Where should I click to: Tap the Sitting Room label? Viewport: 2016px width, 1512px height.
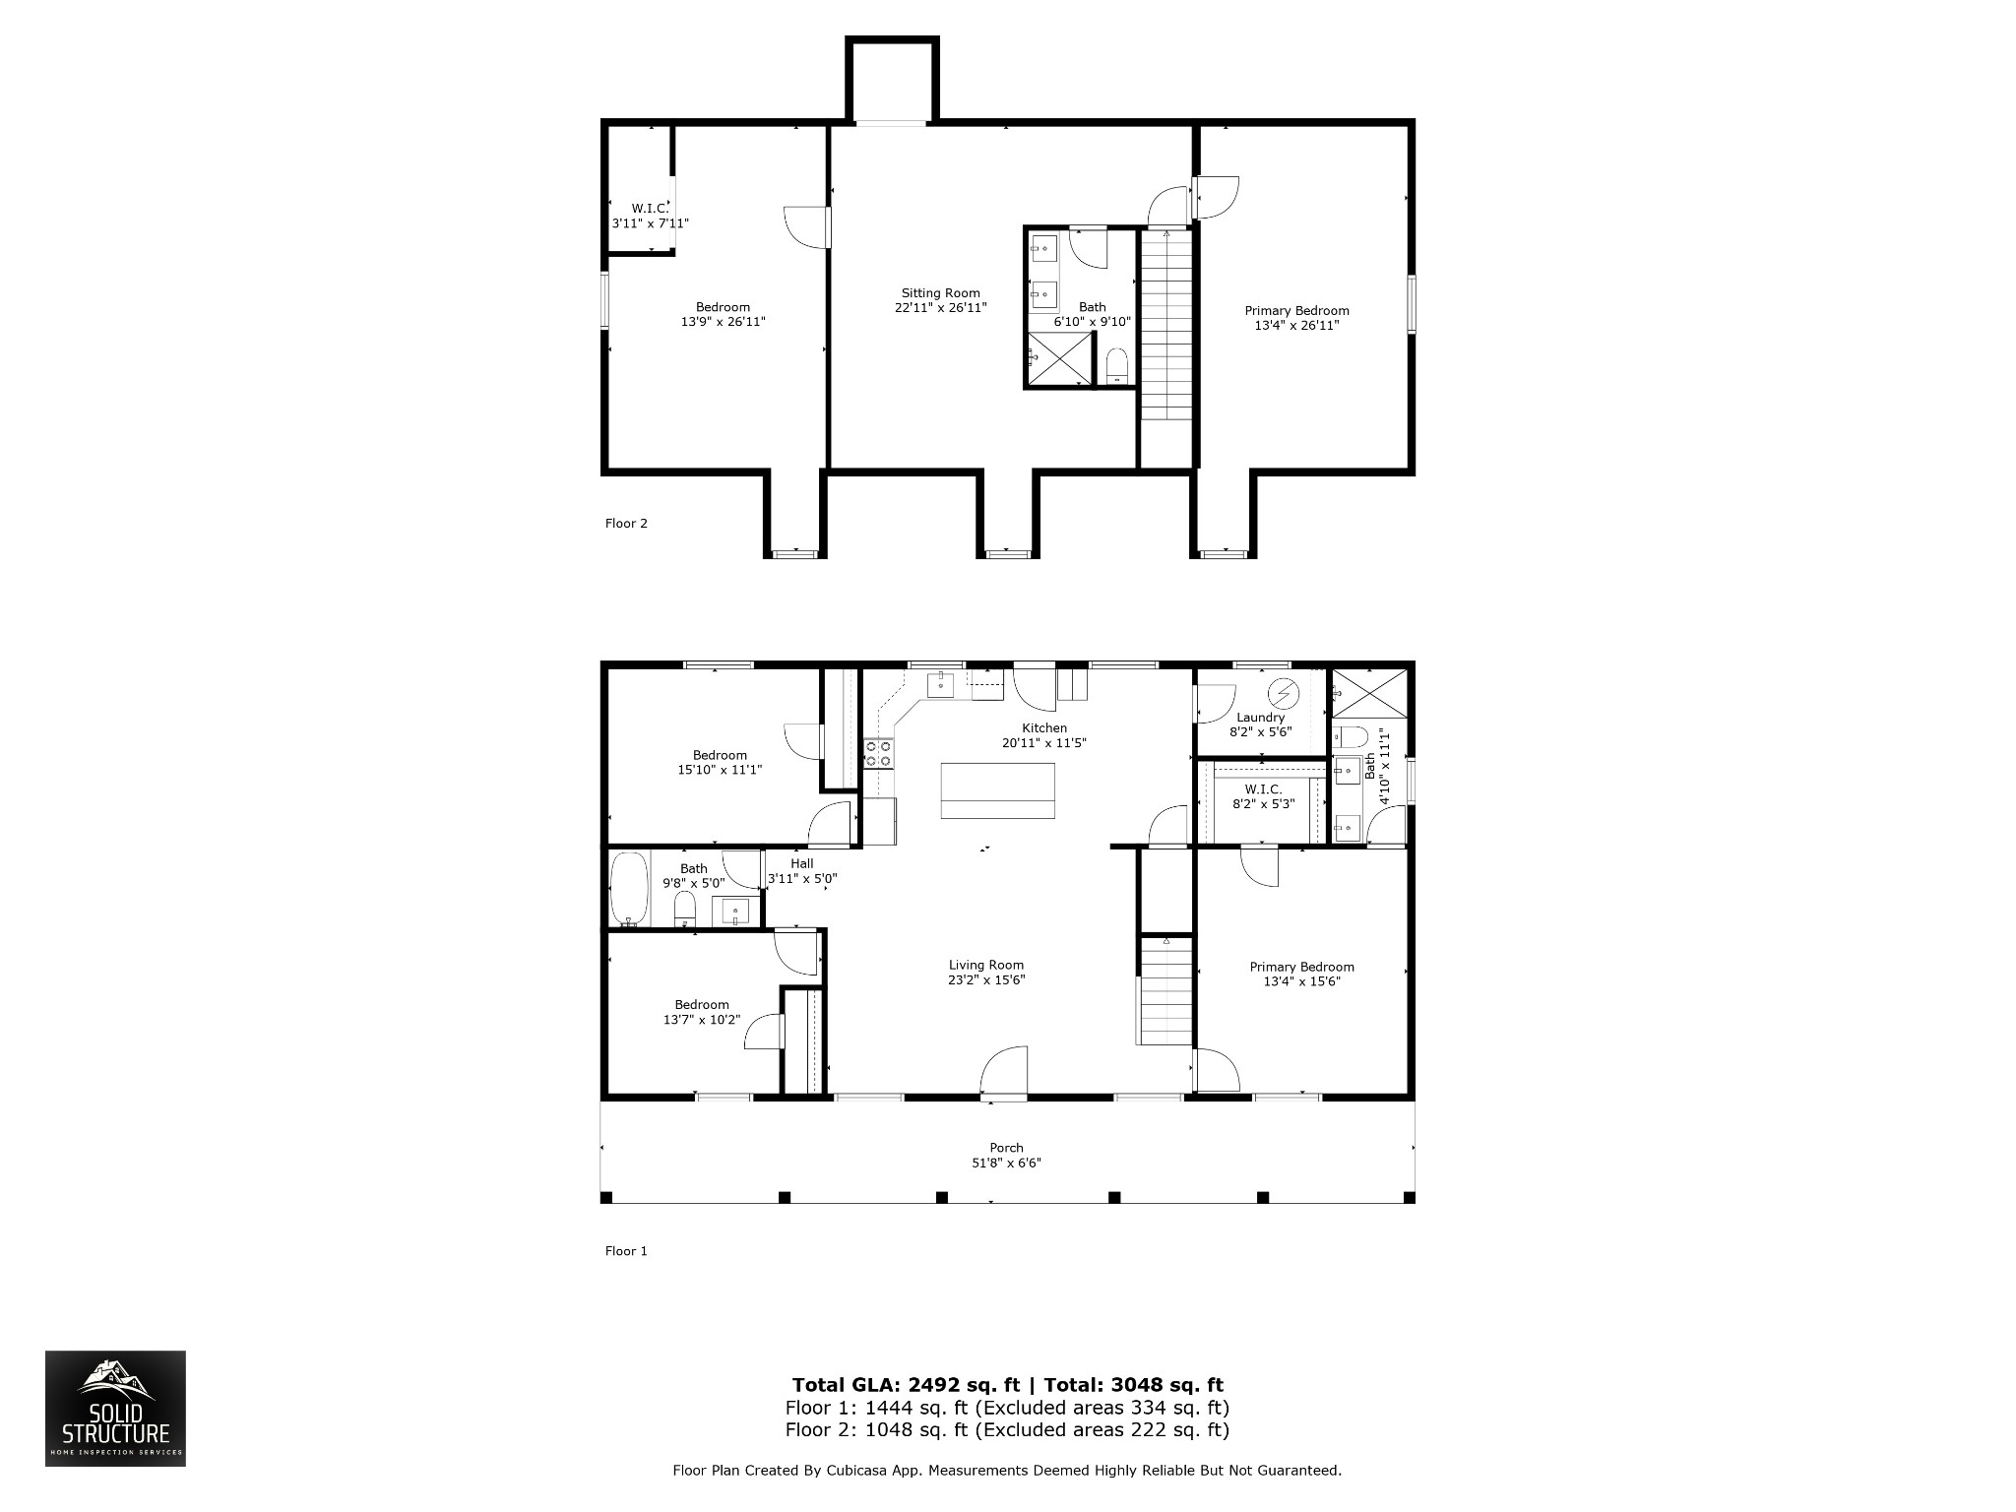coord(941,293)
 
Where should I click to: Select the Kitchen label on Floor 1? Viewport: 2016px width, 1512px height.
coord(1044,728)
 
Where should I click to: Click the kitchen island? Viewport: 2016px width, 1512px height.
coord(998,790)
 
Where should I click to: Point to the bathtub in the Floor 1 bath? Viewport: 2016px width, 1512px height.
coord(629,890)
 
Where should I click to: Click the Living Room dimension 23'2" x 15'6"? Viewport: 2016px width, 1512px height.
coord(986,980)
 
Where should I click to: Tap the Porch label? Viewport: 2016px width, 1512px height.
coord(1006,1148)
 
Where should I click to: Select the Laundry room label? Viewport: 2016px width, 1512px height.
coord(1261,718)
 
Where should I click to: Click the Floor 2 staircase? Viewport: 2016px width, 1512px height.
coord(1166,325)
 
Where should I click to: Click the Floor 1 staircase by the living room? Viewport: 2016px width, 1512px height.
coord(1166,989)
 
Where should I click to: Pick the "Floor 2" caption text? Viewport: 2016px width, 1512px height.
coord(626,524)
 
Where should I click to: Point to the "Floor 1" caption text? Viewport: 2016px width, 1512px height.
coord(626,1251)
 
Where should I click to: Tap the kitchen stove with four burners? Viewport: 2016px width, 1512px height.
coord(878,754)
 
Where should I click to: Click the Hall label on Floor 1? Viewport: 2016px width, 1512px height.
coord(802,864)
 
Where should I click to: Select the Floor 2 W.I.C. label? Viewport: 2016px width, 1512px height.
coord(650,209)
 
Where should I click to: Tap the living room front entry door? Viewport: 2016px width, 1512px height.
coord(1004,1070)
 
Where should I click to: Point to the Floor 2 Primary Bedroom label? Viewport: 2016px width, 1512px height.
coord(1297,311)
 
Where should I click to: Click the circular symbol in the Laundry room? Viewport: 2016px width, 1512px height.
coord(1284,694)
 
